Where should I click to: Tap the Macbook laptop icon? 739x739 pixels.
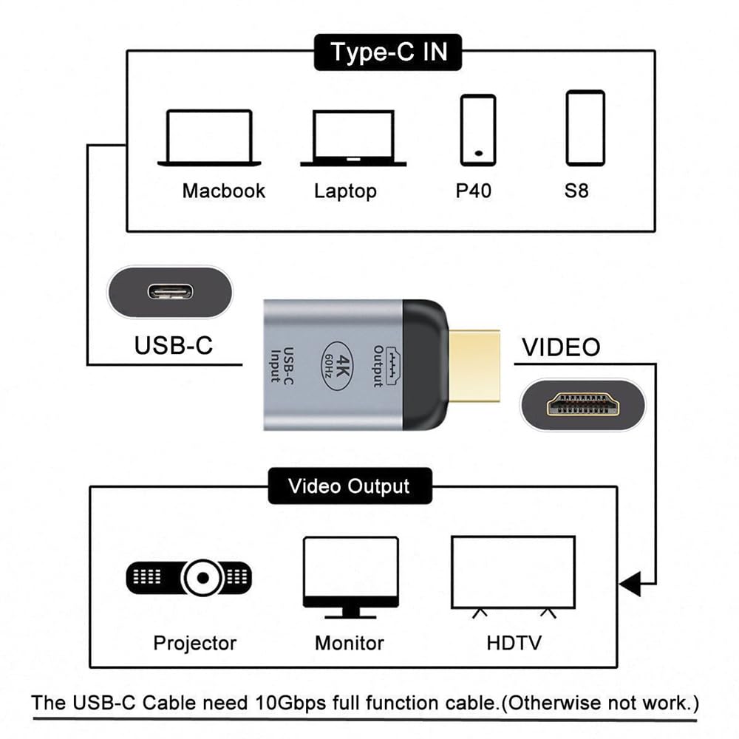tap(209, 138)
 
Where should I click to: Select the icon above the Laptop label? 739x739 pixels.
tap(353, 138)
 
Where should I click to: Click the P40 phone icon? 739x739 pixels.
tap(478, 129)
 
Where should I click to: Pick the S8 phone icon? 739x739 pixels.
tap(585, 128)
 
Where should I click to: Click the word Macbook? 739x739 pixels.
tap(223, 191)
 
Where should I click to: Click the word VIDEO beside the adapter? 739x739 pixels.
tap(561, 347)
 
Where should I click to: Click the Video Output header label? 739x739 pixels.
tap(349, 486)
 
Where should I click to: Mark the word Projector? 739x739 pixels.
tap(194, 642)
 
